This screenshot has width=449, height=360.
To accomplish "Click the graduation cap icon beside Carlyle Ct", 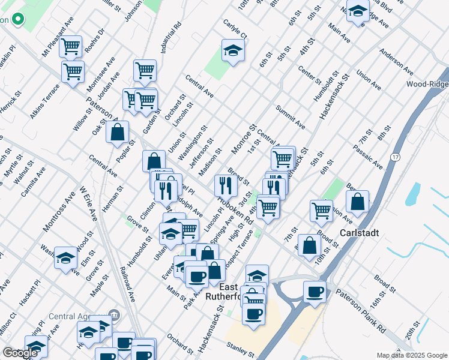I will point(233,50).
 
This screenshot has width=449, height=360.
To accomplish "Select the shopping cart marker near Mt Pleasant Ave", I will point(72,47).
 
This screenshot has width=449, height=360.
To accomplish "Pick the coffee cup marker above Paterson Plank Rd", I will point(315,292).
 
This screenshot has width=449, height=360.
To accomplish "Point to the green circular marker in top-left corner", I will point(17,19).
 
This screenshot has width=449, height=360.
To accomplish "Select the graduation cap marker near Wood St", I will point(65,258).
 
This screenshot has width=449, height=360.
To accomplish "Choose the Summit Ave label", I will point(291,118).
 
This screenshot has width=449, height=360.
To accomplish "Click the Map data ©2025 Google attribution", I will point(412,355).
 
